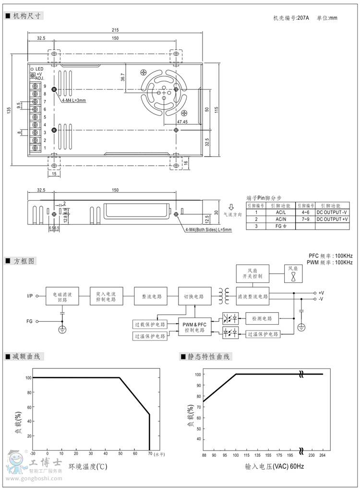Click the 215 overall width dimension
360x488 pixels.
point(115,30)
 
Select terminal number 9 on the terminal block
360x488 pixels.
point(45,86)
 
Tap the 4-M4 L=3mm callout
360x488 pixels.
point(73,100)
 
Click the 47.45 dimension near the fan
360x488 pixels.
point(182,122)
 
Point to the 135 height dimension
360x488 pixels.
point(9,110)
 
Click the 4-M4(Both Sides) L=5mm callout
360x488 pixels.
point(208,230)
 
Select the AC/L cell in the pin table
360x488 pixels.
point(281,212)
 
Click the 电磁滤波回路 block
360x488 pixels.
point(62,296)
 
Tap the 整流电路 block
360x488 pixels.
point(150,296)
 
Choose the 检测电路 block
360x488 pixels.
point(262,318)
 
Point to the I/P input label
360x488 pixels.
point(30,296)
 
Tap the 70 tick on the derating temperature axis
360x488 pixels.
point(150,453)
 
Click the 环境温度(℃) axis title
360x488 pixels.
point(87,466)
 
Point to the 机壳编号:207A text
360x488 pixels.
point(291,18)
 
